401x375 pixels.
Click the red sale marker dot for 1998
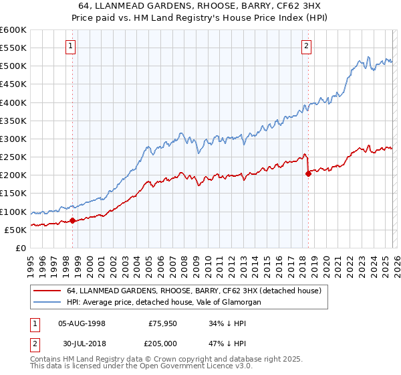(x=72, y=220)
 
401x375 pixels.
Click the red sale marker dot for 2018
(x=308, y=173)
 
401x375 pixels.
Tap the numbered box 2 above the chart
(x=306, y=46)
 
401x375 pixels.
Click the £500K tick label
(x=13, y=66)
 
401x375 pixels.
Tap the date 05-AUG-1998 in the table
(x=82, y=323)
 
